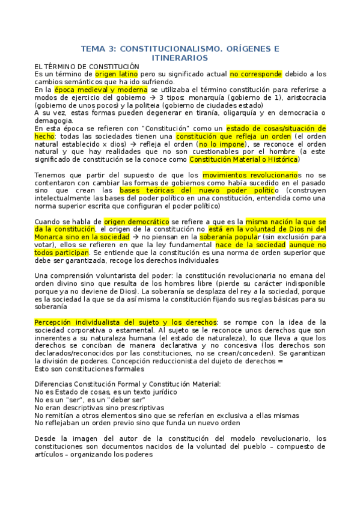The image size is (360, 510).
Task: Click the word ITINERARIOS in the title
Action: pyautogui.click(x=180, y=58)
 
